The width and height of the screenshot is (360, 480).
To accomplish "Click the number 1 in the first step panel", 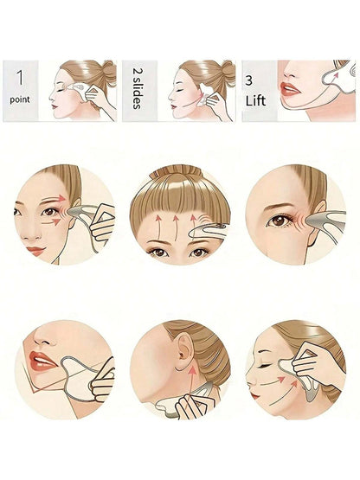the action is pos(20,78).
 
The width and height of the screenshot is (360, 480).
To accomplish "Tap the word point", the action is pos(20,99).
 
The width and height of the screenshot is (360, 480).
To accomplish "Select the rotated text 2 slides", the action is pos(138,88).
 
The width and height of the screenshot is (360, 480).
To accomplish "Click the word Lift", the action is pos(255,100).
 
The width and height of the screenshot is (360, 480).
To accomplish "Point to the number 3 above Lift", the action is pos(248,80).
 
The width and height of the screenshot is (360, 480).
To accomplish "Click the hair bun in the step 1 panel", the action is pos(109,71).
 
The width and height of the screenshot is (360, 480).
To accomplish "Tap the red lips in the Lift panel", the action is pos(289,89).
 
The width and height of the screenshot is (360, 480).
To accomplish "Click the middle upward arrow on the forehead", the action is pos(176,226).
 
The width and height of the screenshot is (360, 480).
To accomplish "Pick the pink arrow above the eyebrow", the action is pos(55,199).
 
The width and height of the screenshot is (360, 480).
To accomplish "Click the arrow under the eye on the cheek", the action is pos(51,222).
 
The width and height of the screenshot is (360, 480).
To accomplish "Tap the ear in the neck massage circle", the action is pos(184,350).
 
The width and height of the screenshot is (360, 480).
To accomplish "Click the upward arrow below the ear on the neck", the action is pos(192,381).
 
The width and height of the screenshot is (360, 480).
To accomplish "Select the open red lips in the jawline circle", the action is pos(42,362).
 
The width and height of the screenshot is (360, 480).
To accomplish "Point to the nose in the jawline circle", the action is pos(43,336).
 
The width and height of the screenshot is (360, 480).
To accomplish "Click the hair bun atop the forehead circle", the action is pos(177,172).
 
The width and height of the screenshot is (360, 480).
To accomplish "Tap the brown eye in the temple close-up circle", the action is pos(278,221).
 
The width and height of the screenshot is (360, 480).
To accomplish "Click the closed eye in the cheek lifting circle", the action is pos(265,366).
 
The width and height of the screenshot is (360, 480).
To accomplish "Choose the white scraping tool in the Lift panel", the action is pos(340,77).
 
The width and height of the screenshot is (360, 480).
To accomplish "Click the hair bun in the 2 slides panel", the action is pos(228,71).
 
